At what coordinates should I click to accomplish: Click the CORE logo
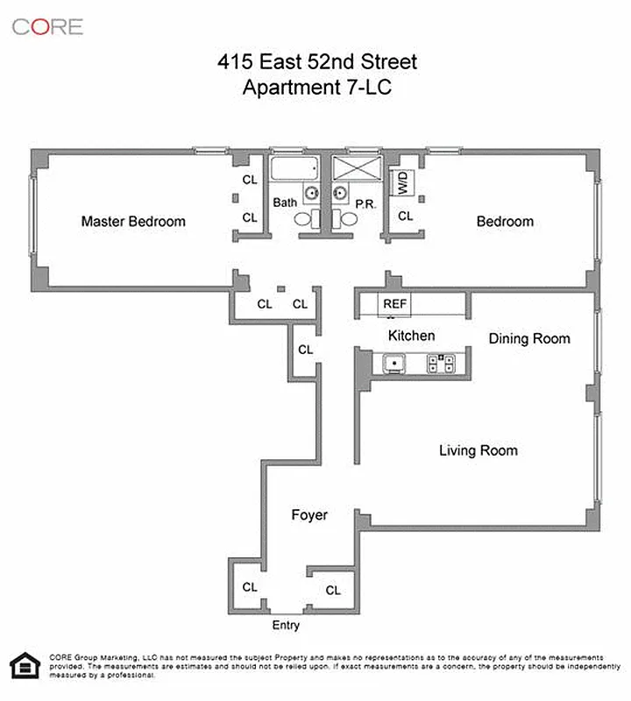pyautogui.click(x=47, y=26)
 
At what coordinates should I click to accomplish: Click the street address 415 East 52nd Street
pyautogui.click(x=317, y=62)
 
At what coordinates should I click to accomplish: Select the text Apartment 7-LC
pyautogui.click(x=316, y=87)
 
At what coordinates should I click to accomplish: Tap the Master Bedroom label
pyautogui.click(x=133, y=222)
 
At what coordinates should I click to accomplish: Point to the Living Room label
pyautogui.click(x=478, y=450)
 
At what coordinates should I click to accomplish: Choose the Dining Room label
pyautogui.click(x=528, y=338)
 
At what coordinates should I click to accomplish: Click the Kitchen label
pyautogui.click(x=411, y=336)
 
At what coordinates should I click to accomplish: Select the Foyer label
pyautogui.click(x=309, y=515)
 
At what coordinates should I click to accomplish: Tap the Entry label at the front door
pyautogui.click(x=286, y=625)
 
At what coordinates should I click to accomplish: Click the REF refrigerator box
pyautogui.click(x=393, y=304)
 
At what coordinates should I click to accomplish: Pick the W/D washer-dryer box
pyautogui.click(x=403, y=182)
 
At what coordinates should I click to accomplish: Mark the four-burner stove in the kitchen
pyautogui.click(x=443, y=364)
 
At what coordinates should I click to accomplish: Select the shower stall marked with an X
pyautogui.click(x=355, y=169)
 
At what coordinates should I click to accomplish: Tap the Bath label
pyautogui.click(x=285, y=202)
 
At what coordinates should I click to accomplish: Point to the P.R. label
pyautogui.click(x=365, y=203)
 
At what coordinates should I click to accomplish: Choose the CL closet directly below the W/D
pyautogui.click(x=406, y=216)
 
